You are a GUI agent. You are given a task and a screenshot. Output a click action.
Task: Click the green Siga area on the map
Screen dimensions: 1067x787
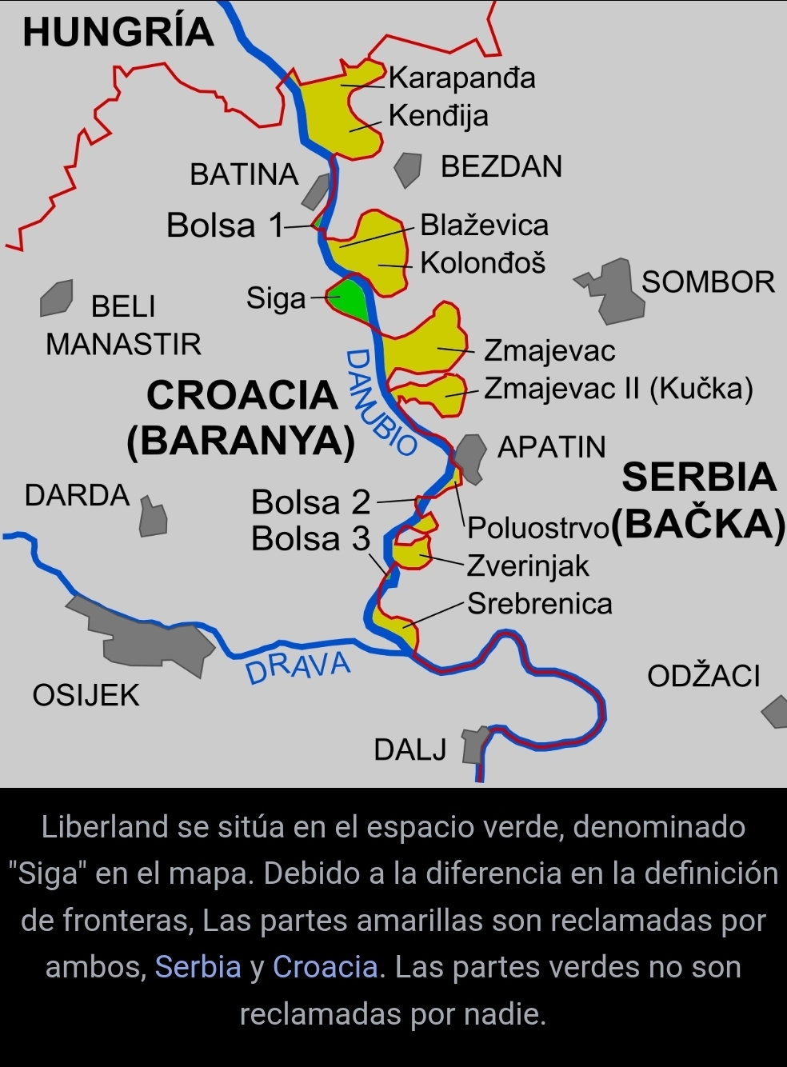(x=350, y=298)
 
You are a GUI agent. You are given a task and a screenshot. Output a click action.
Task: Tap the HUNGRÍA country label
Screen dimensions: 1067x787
(x=118, y=32)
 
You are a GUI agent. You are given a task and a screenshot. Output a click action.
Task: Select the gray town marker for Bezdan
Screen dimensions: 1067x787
(x=408, y=169)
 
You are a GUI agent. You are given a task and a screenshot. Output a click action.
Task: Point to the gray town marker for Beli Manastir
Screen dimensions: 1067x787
(x=57, y=298)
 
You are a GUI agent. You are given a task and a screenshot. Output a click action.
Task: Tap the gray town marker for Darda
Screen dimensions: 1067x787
(x=153, y=518)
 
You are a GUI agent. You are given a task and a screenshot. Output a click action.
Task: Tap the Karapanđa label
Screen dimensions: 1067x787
(x=461, y=78)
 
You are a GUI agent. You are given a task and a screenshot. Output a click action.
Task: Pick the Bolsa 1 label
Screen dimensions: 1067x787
(x=225, y=226)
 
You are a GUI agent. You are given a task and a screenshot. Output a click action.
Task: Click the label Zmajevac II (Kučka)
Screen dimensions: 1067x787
(x=618, y=389)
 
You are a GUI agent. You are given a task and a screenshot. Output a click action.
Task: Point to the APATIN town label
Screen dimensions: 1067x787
(x=551, y=447)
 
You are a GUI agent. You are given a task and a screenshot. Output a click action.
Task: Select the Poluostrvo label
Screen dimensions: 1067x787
(x=538, y=528)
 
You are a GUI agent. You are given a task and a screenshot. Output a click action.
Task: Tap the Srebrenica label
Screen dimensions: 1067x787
(x=539, y=603)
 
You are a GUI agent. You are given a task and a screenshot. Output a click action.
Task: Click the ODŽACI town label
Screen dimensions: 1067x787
(x=703, y=677)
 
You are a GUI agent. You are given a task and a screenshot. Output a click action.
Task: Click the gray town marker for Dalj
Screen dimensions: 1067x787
(x=473, y=745)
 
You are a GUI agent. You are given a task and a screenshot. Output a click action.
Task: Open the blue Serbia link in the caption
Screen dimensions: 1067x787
(x=198, y=967)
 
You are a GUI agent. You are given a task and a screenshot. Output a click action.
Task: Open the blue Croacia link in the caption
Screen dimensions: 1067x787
(x=325, y=967)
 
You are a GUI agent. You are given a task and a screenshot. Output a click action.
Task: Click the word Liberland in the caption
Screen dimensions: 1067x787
(x=104, y=827)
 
